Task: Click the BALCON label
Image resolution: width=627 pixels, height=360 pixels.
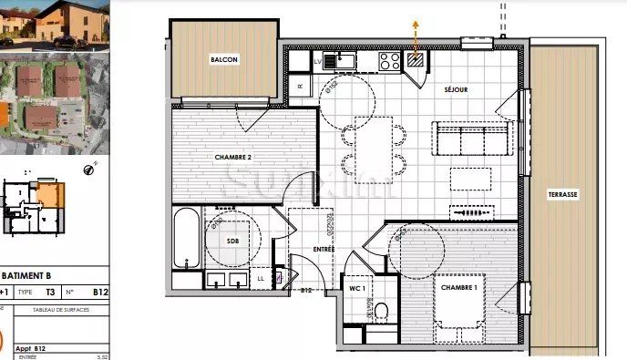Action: coord(224,60)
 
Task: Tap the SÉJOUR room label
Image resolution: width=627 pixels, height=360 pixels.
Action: coord(456,90)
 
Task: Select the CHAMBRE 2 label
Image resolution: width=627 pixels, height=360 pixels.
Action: coord(232,157)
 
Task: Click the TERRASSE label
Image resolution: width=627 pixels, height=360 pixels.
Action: coord(563,195)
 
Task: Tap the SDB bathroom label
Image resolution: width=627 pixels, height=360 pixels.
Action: coord(232,241)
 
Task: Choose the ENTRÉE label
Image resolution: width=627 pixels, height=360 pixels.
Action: coord(324,250)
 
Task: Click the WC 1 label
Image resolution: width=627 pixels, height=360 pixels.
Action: coord(357,288)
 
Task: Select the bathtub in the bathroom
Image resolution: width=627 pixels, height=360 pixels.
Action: coord(186,239)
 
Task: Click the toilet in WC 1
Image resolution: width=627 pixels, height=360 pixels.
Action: coord(381,310)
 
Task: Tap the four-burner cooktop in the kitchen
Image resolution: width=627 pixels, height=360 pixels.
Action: coord(389,61)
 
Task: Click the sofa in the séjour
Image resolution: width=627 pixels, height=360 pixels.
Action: coord(472,139)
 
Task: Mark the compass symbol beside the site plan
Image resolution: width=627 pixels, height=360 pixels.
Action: coord(89,167)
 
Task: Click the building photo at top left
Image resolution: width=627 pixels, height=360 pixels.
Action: coord(54,22)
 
